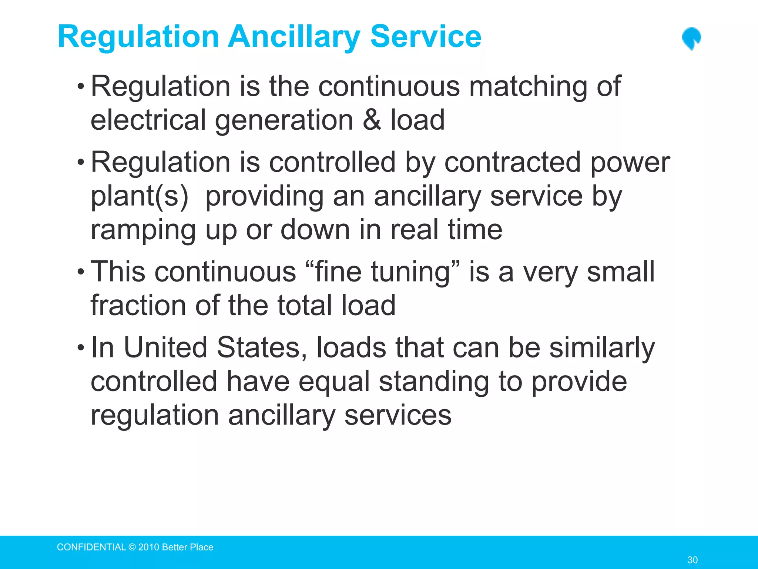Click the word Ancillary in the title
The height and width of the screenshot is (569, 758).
coord(294,37)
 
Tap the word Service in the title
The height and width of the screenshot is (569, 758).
coord(426,36)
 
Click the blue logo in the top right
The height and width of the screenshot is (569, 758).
coord(691,39)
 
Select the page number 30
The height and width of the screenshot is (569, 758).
coord(692,560)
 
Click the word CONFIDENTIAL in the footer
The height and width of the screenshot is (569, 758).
coord(91,547)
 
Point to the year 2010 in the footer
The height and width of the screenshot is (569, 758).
coord(149,547)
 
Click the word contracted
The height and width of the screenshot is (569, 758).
coord(512,162)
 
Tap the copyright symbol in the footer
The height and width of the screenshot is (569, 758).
coord(132,547)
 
